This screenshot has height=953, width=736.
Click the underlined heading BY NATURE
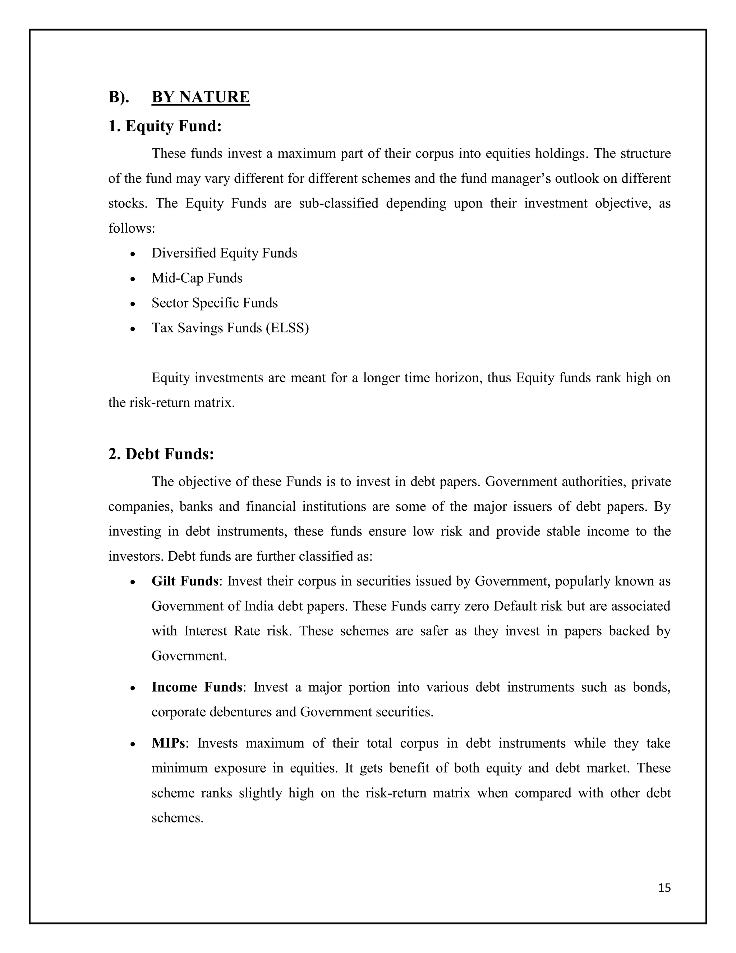coord(201,97)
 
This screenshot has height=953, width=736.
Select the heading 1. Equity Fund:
coord(165,127)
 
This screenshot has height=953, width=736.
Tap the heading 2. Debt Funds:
coord(161,454)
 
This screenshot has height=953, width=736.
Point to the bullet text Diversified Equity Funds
coord(224,253)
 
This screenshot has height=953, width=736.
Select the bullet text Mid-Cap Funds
coord(197,278)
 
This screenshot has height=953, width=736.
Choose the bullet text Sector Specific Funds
coord(215,303)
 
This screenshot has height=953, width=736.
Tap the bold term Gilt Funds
coord(185,581)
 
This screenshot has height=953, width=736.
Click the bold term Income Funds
coord(197,687)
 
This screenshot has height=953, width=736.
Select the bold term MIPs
coord(168,743)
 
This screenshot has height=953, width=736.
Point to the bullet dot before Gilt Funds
coord(133,583)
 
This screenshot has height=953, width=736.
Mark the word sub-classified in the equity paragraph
coord(338,203)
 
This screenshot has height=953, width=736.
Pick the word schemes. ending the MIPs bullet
coord(178,818)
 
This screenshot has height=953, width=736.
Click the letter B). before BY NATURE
coord(119,97)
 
